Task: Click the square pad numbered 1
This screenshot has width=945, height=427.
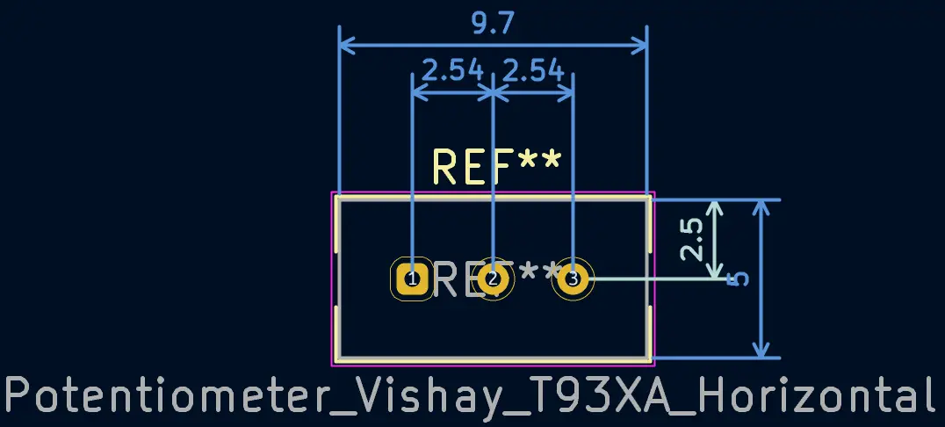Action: click(x=412, y=279)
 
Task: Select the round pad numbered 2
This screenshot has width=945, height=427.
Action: click(x=493, y=279)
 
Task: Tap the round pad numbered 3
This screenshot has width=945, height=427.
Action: click(x=573, y=279)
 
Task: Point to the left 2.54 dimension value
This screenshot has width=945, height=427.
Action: click(x=452, y=69)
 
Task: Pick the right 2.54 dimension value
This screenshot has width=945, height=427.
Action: click(x=533, y=69)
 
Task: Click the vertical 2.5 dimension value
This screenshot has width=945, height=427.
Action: click(x=693, y=239)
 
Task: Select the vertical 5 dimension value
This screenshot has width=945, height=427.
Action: click(x=740, y=279)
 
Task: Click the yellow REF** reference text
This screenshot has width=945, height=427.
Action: click(x=497, y=167)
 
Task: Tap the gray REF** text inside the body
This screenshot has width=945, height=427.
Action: click(x=497, y=280)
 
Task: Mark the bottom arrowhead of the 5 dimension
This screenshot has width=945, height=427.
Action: click(x=761, y=351)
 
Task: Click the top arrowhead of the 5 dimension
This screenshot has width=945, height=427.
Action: click(x=761, y=208)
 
